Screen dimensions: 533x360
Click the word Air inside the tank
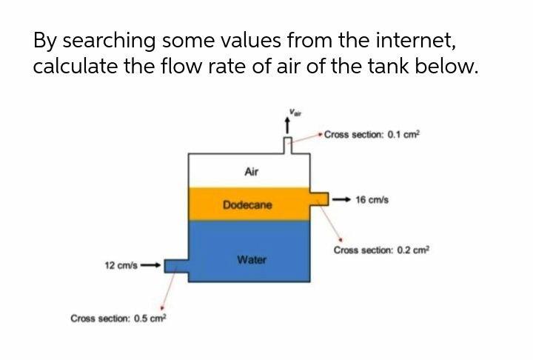250,172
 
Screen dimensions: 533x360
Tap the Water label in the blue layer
252,260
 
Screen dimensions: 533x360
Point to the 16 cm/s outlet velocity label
372,199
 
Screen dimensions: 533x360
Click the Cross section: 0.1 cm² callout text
372,134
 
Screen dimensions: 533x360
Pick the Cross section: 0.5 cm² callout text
119,319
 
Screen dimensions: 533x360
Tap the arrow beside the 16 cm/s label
342,199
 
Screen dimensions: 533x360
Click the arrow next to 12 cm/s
150,264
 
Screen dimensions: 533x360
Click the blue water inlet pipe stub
175,264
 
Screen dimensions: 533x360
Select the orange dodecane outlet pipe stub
320,199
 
